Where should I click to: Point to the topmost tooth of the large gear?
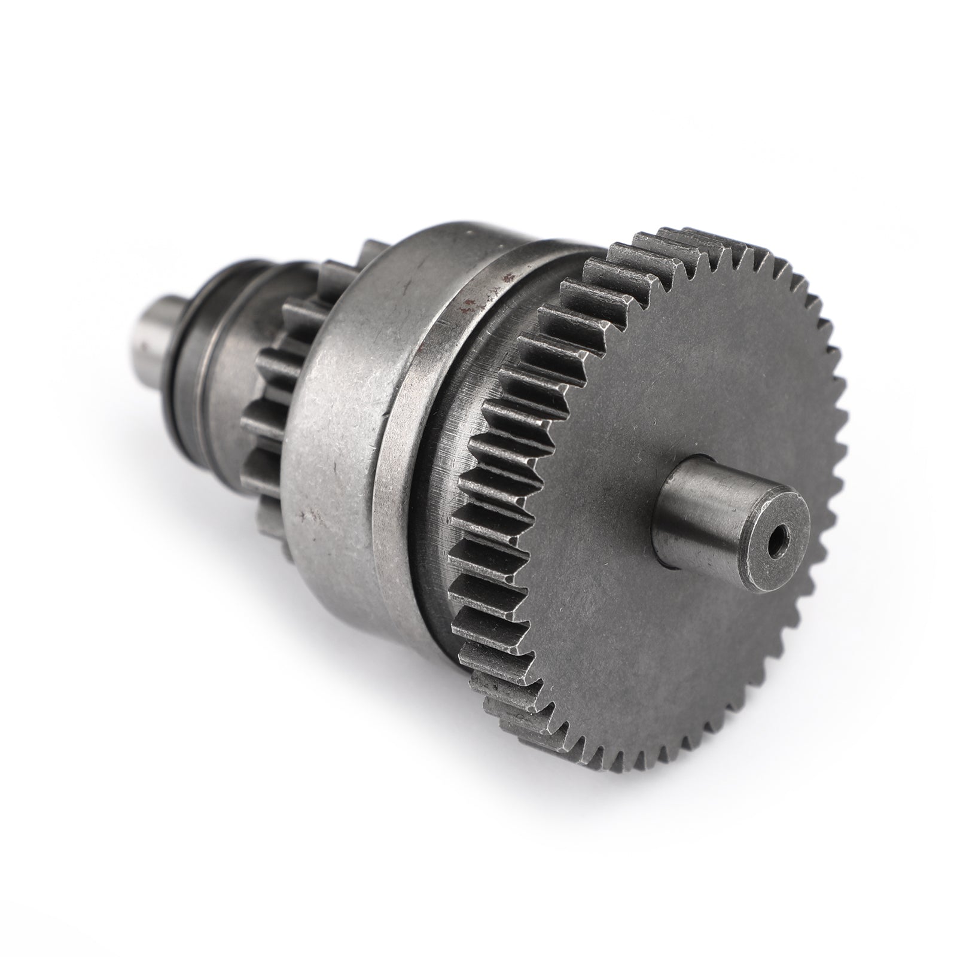(694, 230)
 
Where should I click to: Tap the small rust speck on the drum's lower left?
(309, 514)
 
